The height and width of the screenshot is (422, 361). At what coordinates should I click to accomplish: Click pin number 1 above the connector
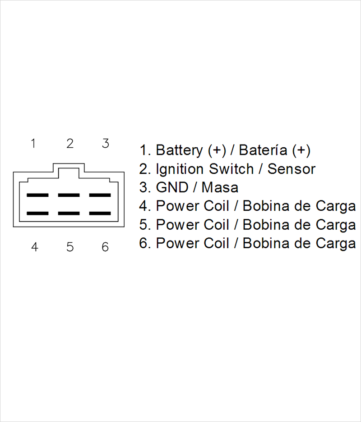coord(33,144)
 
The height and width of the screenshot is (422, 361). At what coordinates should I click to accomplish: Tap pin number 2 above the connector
coord(70,144)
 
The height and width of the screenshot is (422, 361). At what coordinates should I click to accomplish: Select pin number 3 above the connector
coord(106,144)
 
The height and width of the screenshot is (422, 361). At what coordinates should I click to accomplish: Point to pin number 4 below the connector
coord(34,247)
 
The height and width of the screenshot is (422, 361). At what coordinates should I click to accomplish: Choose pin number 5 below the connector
coord(70,247)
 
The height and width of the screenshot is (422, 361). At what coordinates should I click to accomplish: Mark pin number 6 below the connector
coord(105,247)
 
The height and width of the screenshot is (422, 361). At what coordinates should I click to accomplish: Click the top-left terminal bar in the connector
coord(37,195)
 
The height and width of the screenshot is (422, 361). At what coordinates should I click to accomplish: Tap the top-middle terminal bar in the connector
coord(69,195)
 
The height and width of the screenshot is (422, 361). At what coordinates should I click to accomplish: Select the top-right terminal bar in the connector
coord(100,195)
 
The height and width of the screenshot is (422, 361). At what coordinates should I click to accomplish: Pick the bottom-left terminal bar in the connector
coord(37,213)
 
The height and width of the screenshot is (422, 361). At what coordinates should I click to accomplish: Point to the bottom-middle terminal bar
coord(69,213)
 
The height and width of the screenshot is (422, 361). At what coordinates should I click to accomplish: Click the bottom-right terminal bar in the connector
coord(100,213)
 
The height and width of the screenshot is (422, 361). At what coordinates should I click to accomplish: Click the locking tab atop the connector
coord(69,163)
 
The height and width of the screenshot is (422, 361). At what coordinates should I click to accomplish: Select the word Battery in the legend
coord(179,150)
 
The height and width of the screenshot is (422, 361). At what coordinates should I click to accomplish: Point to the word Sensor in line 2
coord(292,169)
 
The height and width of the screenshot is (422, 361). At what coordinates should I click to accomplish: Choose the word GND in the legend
coord(172,187)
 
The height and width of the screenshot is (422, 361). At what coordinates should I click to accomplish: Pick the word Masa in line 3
coord(220,187)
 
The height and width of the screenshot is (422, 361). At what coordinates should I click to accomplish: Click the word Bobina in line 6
coord(265,243)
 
